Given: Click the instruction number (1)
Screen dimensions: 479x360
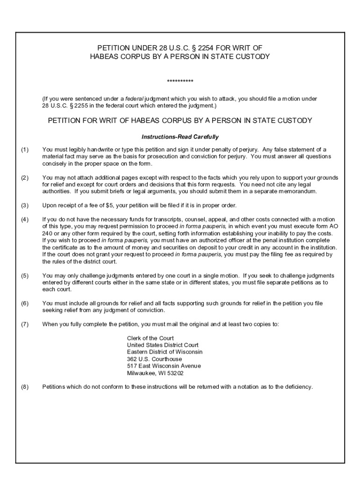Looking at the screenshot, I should (25, 150).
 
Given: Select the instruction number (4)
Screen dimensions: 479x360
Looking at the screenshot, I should (25, 219).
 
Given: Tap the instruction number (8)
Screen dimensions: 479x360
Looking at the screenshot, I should (25, 387).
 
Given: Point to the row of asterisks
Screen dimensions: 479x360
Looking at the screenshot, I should (180, 82).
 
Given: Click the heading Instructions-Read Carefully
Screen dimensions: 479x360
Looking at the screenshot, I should (180, 138).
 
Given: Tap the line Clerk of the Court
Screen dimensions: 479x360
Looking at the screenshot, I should (150, 338).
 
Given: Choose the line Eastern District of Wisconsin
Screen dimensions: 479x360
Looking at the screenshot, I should (165, 352).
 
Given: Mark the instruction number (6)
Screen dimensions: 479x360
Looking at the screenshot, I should (25, 304).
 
